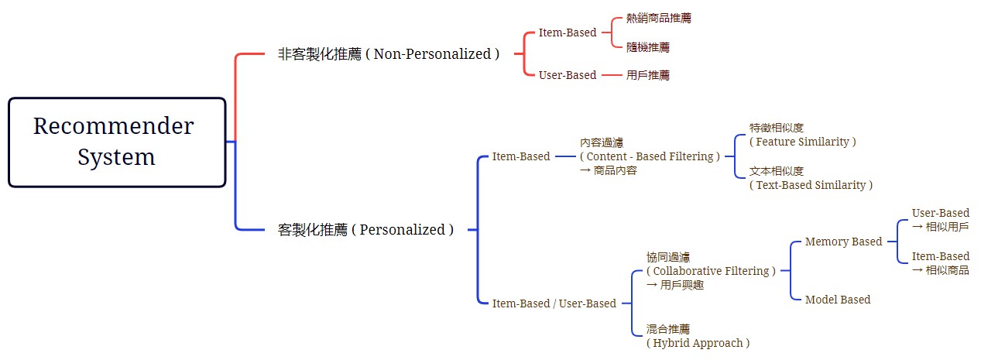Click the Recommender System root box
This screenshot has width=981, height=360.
(117, 142)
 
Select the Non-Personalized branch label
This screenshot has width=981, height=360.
(389, 54)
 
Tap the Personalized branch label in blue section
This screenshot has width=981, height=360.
(365, 229)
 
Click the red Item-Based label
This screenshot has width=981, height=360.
(567, 33)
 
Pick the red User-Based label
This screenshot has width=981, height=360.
(567, 75)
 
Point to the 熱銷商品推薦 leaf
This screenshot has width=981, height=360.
(659, 18)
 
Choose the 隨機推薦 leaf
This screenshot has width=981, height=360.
(648, 47)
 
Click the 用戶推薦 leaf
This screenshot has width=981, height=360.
(648, 75)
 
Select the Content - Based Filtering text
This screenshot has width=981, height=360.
(650, 156)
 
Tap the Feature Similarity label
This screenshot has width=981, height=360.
(802, 142)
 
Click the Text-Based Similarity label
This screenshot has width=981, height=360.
(811, 185)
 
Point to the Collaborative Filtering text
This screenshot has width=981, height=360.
(711, 271)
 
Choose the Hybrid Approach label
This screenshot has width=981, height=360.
(698, 343)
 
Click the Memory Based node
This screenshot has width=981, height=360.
(843, 242)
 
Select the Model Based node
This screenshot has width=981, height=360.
(837, 300)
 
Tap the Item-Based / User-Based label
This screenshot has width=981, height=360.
(554, 303)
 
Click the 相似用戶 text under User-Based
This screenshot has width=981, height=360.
(940, 227)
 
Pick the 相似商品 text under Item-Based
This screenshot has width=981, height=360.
(940, 270)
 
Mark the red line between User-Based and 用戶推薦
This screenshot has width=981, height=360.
(612, 75)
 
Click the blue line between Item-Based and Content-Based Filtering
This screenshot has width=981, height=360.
(565, 156)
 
